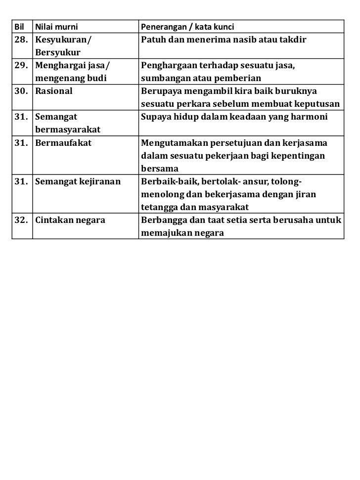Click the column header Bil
click(18, 26)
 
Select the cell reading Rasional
click(54, 91)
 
